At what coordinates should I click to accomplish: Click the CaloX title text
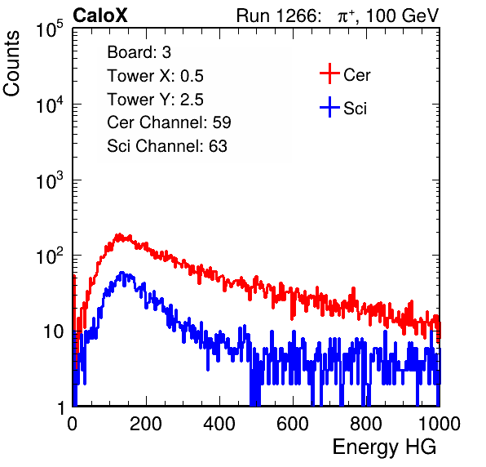coord(100,16)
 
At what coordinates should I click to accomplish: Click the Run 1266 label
coord(278,16)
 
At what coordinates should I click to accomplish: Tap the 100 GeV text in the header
coord(402,16)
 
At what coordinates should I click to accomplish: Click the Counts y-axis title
coord(11,63)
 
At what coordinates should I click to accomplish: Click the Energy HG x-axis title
coord(384,447)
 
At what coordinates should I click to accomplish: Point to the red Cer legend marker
coord(329,73)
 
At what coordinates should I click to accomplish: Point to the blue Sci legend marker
coord(329,107)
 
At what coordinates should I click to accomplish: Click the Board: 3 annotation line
coord(139,52)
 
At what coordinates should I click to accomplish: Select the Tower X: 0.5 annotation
coord(155,76)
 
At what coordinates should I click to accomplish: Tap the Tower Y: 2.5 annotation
coord(155,100)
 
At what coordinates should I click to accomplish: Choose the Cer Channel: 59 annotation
coord(169,122)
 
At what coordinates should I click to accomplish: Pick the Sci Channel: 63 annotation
coord(167,146)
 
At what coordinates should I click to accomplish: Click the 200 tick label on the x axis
coord(146,424)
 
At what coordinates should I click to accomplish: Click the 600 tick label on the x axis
coord(293,424)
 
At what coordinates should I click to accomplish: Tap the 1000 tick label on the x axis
coord(440,424)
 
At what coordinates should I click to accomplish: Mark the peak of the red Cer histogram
coord(119,234)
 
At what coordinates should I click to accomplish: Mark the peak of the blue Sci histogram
coord(121,273)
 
